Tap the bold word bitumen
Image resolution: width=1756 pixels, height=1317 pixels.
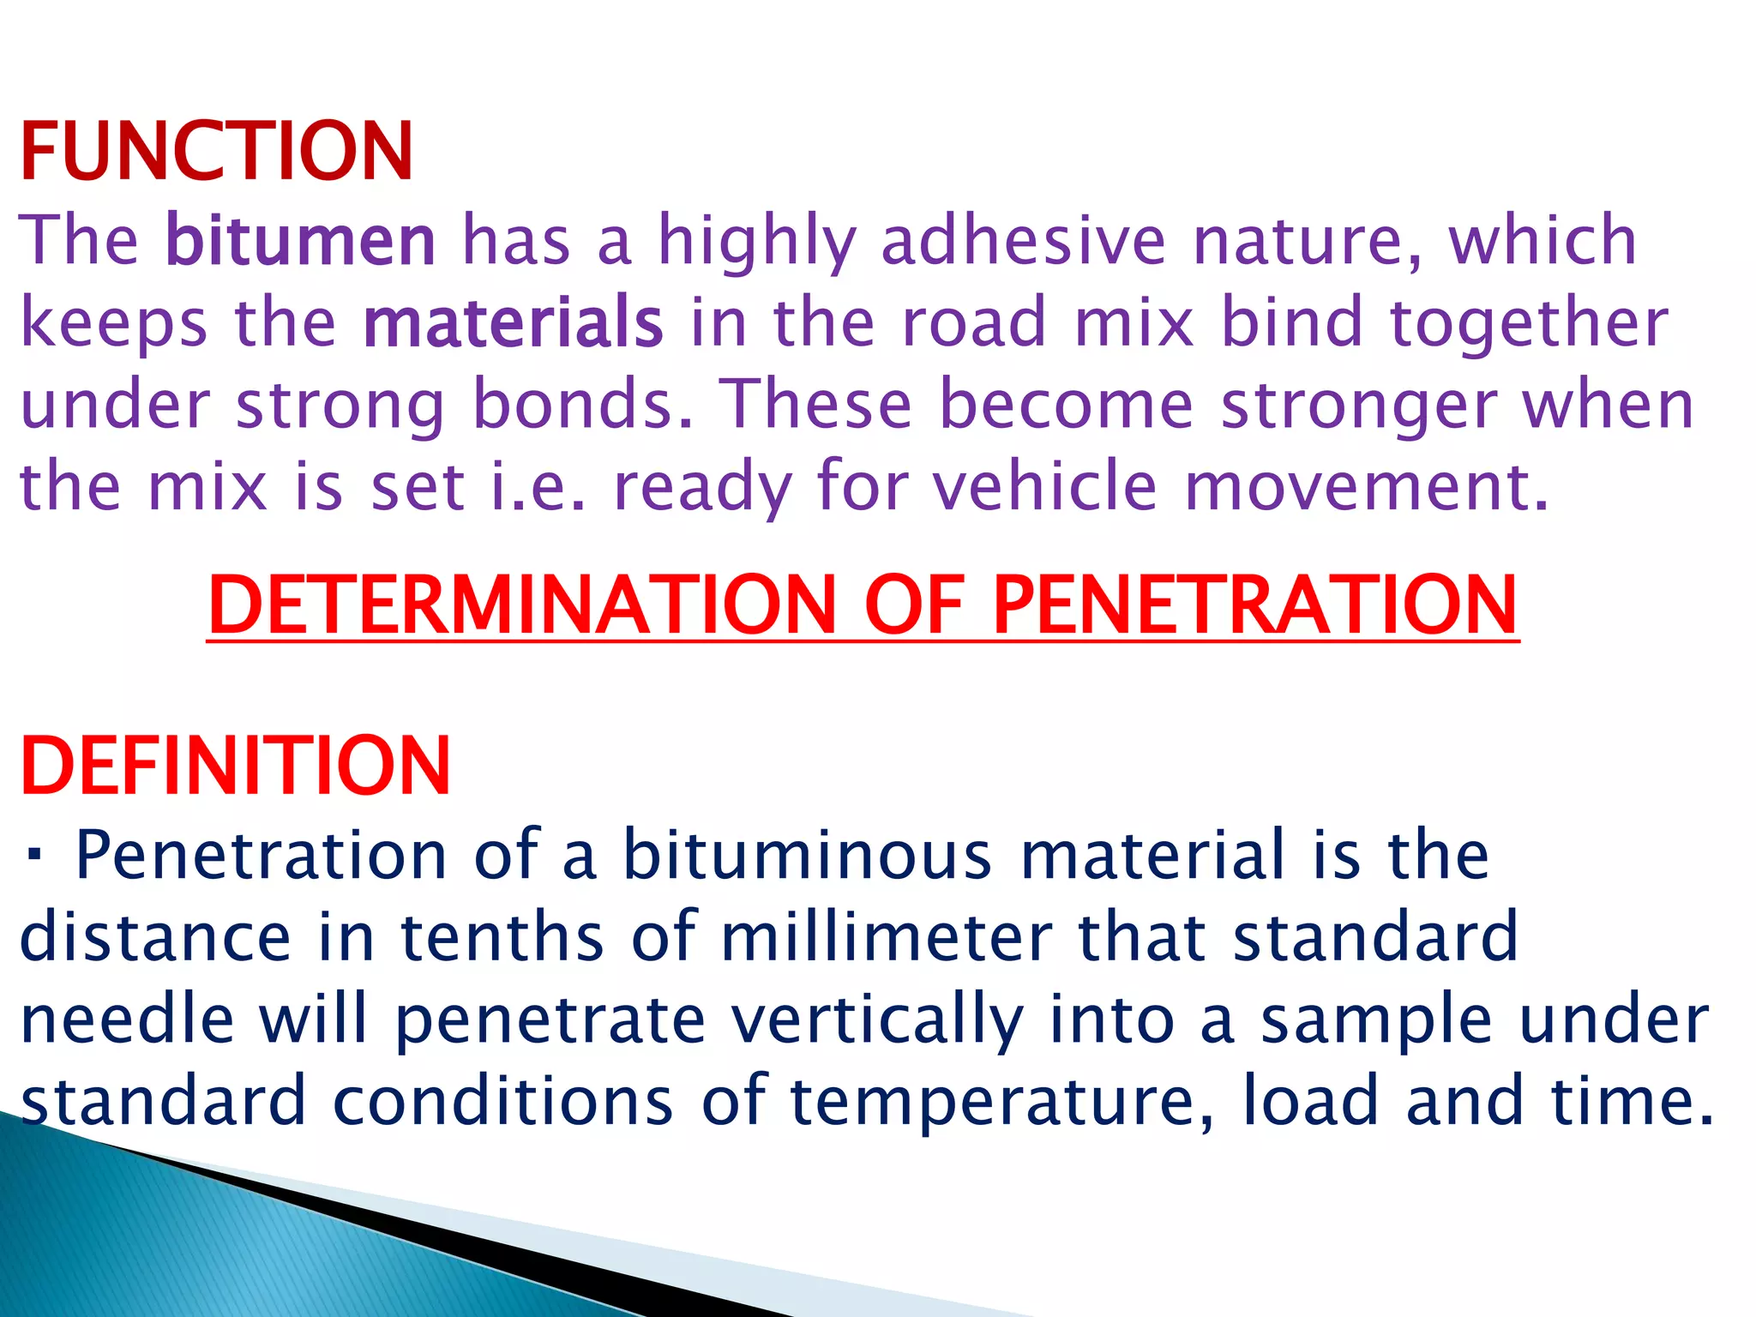(x=300, y=240)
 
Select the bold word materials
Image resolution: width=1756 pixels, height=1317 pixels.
(x=513, y=322)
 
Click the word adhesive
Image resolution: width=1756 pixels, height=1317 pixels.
(x=1023, y=240)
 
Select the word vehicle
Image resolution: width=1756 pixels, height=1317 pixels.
(x=1045, y=486)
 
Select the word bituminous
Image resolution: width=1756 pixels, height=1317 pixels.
(x=806, y=855)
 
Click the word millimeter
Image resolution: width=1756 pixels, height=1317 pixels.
(x=886, y=936)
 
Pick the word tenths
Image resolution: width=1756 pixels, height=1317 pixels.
(x=502, y=936)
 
